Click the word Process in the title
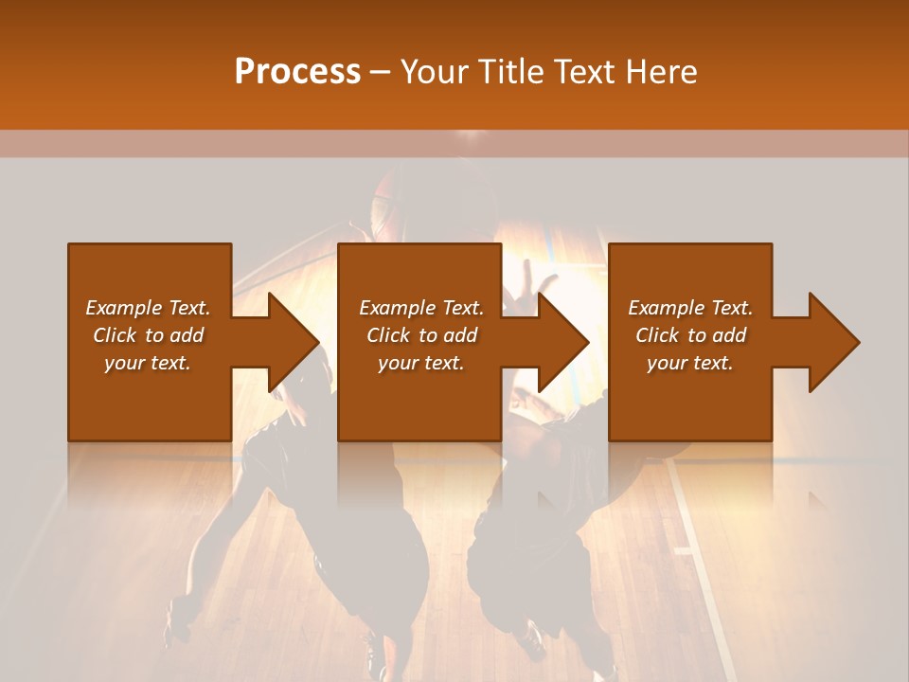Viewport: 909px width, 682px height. (x=297, y=72)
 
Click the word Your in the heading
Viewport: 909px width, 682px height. (x=434, y=72)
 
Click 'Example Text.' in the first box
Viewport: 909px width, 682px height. (x=148, y=308)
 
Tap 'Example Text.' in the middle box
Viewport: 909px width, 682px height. (x=421, y=308)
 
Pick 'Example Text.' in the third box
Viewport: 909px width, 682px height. (x=690, y=308)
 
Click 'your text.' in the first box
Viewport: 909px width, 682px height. (x=148, y=363)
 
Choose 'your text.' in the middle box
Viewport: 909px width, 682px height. (x=421, y=363)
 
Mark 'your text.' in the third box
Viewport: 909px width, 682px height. (x=690, y=363)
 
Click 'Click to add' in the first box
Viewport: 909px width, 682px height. (x=148, y=335)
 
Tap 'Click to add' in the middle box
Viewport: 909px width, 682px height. (x=421, y=335)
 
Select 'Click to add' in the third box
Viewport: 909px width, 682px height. (x=690, y=335)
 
